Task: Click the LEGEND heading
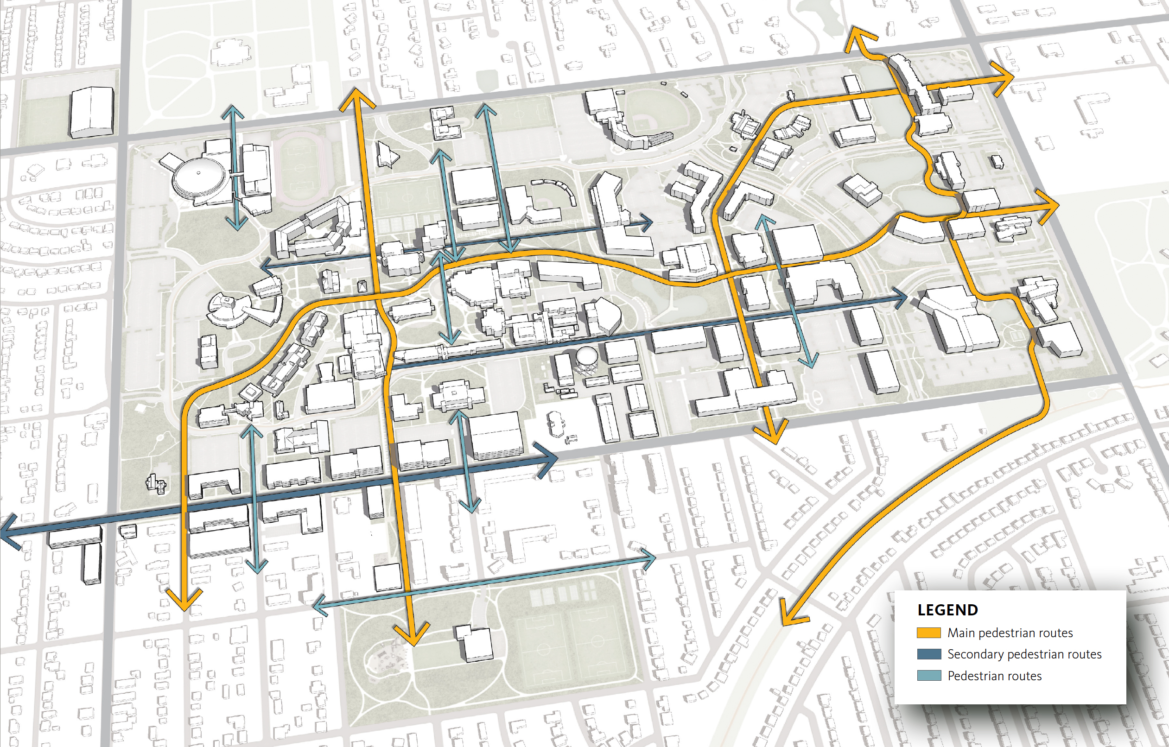pyautogui.click(x=947, y=610)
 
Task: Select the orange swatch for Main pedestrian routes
pyautogui.click(x=929, y=633)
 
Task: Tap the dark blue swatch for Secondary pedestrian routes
pyautogui.click(x=929, y=654)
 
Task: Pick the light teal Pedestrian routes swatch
pyautogui.click(x=929, y=676)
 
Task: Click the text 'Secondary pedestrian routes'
pyautogui.click(x=1024, y=654)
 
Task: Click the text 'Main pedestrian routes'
pyautogui.click(x=1010, y=633)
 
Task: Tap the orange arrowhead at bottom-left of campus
pyautogui.click(x=184, y=602)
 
